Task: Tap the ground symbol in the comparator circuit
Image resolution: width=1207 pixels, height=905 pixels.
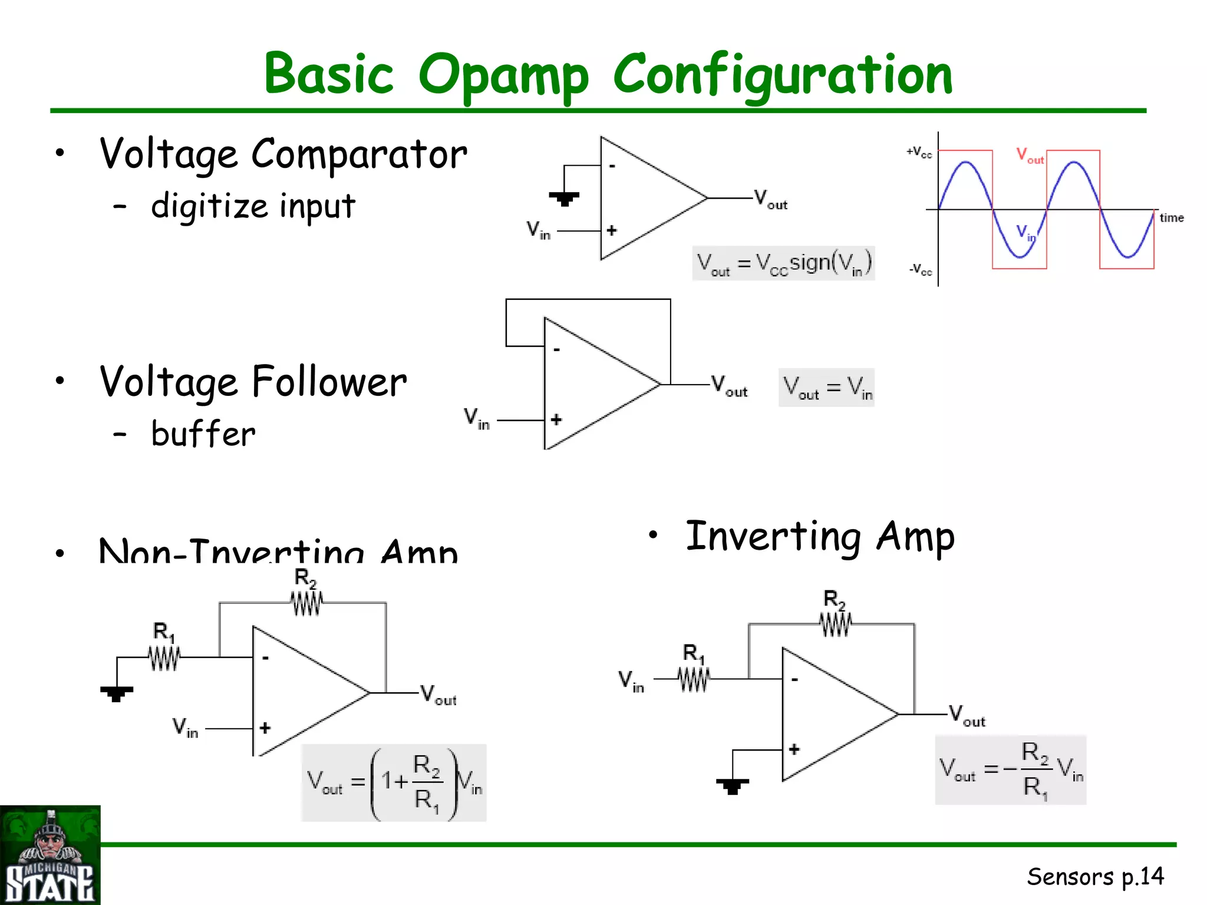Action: pyautogui.click(x=564, y=198)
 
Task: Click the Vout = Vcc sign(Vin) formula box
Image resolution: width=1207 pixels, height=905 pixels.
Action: pyautogui.click(x=783, y=263)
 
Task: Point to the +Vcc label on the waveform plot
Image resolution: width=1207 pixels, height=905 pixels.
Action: pyautogui.click(x=919, y=152)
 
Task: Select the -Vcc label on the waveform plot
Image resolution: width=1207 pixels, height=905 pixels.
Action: pyautogui.click(x=920, y=270)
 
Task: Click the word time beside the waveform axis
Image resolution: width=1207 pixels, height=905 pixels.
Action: pyautogui.click(x=1171, y=217)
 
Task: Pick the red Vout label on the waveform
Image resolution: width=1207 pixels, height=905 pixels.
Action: pyautogui.click(x=1030, y=156)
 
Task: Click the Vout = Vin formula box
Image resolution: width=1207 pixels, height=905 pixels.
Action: pyautogui.click(x=826, y=388)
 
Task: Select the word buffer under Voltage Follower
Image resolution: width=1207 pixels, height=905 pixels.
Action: pyautogui.click(x=203, y=434)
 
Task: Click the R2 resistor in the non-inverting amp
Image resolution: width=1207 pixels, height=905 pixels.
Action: pyautogui.click(x=306, y=603)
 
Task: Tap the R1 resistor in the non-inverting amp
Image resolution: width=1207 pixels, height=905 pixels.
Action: pyautogui.click(x=164, y=657)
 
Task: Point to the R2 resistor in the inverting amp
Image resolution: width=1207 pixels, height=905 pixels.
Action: pyautogui.click(x=835, y=623)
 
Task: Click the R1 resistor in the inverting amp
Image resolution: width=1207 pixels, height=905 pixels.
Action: pyautogui.click(x=694, y=679)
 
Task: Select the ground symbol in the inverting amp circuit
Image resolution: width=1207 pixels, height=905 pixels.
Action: pyautogui.click(x=733, y=786)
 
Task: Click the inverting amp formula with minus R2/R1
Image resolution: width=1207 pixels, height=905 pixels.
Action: pyautogui.click(x=1010, y=769)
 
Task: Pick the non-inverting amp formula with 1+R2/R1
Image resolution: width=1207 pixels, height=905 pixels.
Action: pyautogui.click(x=394, y=782)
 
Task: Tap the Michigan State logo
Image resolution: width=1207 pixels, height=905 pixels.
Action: pyautogui.click(x=50, y=855)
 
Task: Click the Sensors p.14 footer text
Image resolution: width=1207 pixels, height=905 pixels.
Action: pyautogui.click(x=1095, y=877)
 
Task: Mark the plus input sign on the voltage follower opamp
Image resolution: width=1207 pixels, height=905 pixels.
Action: pyautogui.click(x=556, y=420)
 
